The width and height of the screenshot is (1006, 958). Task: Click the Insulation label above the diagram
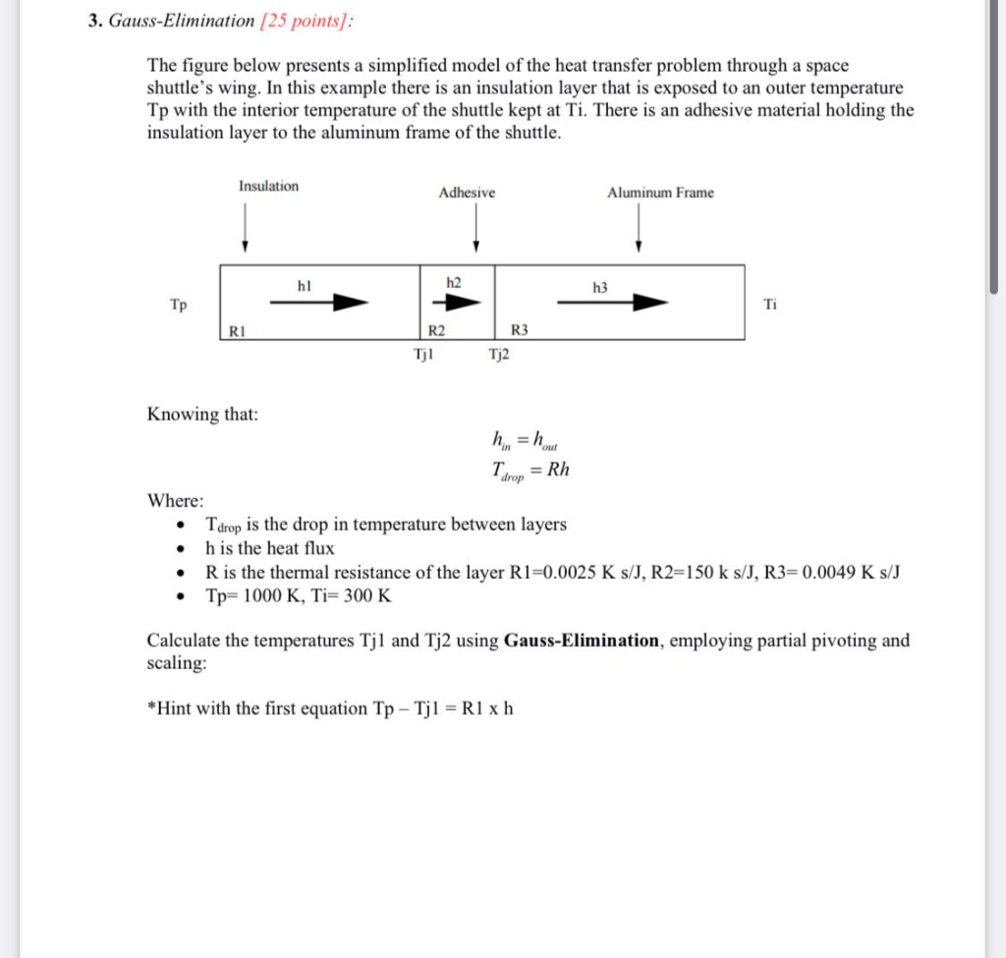[268, 186]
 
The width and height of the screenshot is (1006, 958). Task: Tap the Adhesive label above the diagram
[467, 193]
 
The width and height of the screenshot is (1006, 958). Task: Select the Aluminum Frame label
[660, 193]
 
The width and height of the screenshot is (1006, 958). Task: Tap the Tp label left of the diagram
[179, 305]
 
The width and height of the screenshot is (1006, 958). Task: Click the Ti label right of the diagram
[770, 305]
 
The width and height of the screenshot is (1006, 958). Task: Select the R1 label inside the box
[236, 331]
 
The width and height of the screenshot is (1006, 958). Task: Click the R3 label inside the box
[521, 331]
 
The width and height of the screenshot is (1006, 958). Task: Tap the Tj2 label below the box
[499, 355]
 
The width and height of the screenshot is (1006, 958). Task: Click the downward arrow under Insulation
[245, 232]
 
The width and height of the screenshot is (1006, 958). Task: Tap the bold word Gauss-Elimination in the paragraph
[581, 641]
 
